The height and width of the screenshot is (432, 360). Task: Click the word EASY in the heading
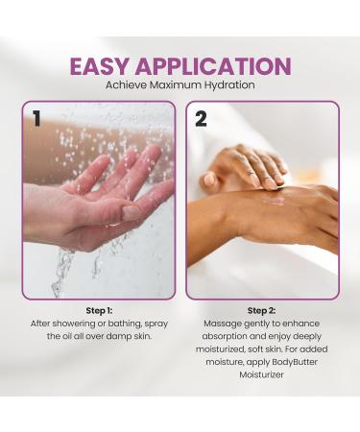pyautogui.click(x=103, y=66)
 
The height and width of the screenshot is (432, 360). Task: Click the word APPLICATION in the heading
pyautogui.click(x=214, y=66)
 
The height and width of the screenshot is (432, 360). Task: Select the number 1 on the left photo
pyautogui.click(x=36, y=118)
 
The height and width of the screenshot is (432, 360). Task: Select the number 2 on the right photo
pyautogui.click(x=201, y=119)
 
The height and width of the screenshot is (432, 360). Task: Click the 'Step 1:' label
pyautogui.click(x=99, y=311)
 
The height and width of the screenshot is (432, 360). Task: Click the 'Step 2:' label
pyautogui.click(x=262, y=311)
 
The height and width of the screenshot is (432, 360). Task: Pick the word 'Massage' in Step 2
pyautogui.click(x=223, y=324)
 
